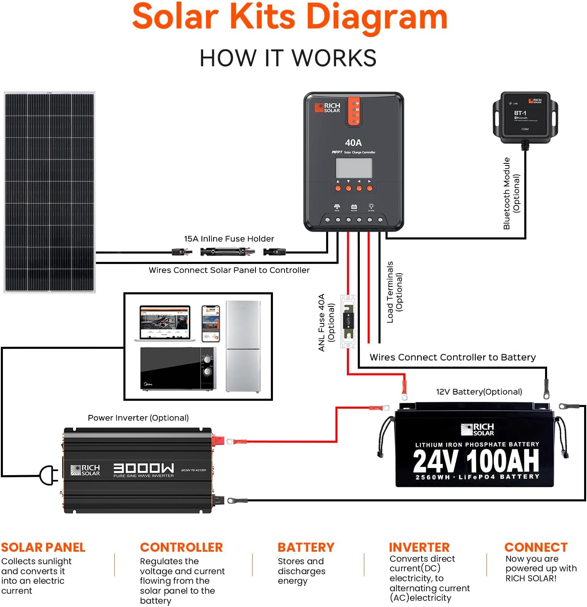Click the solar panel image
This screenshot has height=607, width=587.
[49, 192]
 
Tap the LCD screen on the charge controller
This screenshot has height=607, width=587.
[354, 168]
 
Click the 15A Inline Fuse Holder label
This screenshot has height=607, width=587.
[229, 239]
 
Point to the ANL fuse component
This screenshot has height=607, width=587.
[348, 321]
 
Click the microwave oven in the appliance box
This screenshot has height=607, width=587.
[178, 369]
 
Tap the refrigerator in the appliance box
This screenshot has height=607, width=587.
[243, 346]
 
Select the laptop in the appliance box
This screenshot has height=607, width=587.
[165, 323]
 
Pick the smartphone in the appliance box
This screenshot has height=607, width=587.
[211, 323]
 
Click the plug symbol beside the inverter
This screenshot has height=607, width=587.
[48, 475]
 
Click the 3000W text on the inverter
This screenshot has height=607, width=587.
[144, 468]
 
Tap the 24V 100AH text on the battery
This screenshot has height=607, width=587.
[476, 461]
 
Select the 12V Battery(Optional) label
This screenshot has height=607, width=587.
[479, 392]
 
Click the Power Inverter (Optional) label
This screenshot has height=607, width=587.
[138, 418]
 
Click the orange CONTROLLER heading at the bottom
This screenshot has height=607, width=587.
[182, 547]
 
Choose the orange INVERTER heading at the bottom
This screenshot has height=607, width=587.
[419, 547]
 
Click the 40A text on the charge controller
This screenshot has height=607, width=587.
[353, 143]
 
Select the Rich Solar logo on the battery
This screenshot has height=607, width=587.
[477, 429]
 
